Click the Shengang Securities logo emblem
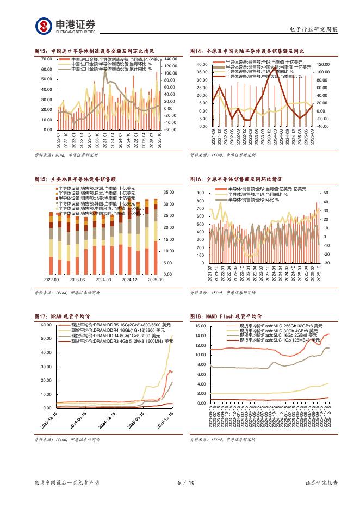(44, 26)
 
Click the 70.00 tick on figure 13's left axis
(47, 59)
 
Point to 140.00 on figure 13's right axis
(170, 59)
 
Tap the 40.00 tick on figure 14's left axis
(202, 64)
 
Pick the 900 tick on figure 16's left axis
(199, 193)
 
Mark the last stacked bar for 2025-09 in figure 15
(155, 239)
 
